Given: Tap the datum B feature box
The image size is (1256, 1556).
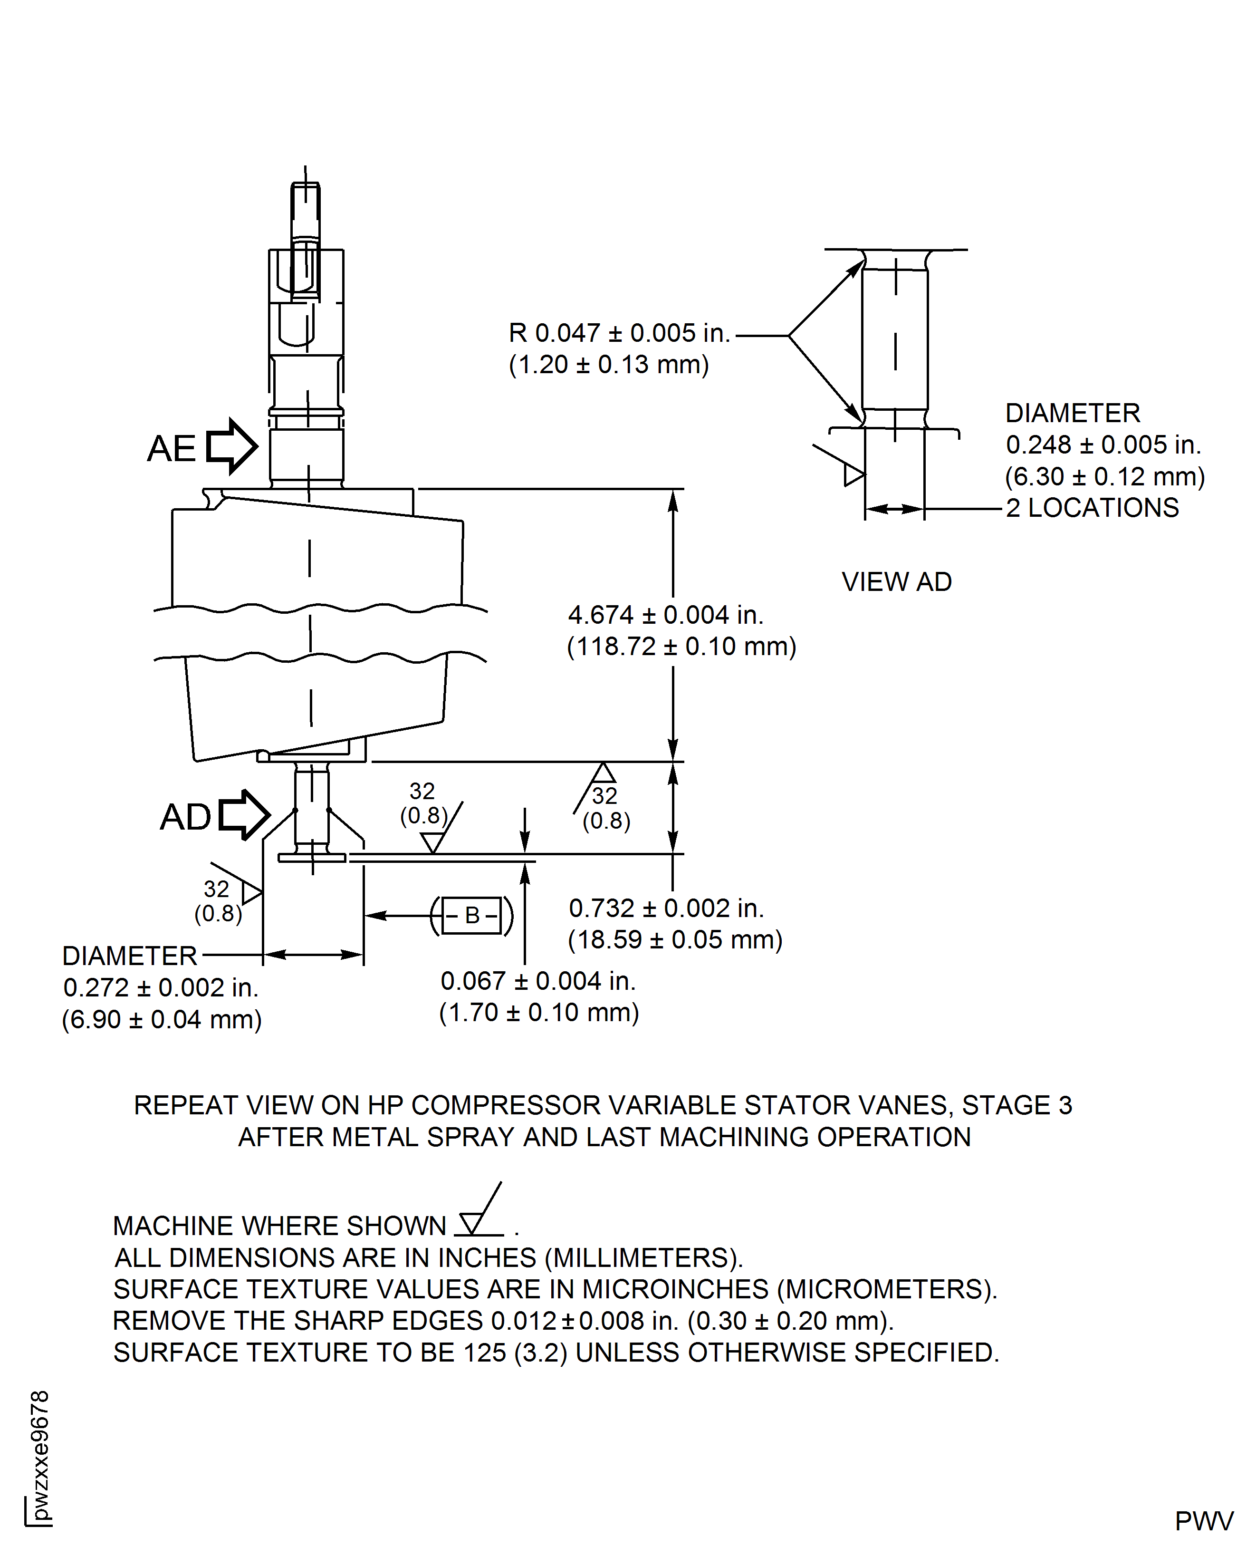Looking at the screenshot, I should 472,916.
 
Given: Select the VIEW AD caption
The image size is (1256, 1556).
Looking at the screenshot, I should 896,582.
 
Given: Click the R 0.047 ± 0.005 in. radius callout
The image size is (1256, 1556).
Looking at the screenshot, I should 619,333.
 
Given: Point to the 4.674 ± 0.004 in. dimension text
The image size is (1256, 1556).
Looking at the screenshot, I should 666,615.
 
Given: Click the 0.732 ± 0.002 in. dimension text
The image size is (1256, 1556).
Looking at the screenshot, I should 666,908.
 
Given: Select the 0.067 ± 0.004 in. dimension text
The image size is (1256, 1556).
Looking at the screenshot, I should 537,981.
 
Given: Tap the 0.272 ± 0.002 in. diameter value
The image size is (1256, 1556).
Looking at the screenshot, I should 161,988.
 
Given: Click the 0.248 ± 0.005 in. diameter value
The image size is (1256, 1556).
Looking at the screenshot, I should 1103,445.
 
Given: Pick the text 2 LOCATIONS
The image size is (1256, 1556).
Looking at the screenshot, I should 1092,508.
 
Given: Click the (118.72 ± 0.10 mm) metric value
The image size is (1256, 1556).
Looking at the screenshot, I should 681,646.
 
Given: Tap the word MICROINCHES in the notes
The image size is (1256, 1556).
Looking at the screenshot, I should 675,1290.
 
